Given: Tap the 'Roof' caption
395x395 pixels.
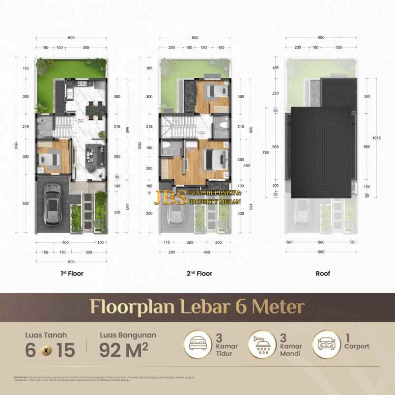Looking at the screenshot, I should (322, 273).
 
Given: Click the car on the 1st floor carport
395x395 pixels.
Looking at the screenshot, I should (53, 206).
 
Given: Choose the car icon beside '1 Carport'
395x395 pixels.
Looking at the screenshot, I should (325, 346).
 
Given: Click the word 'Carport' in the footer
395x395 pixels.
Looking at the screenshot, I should (357, 346).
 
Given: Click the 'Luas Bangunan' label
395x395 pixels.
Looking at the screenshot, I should (128, 335).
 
